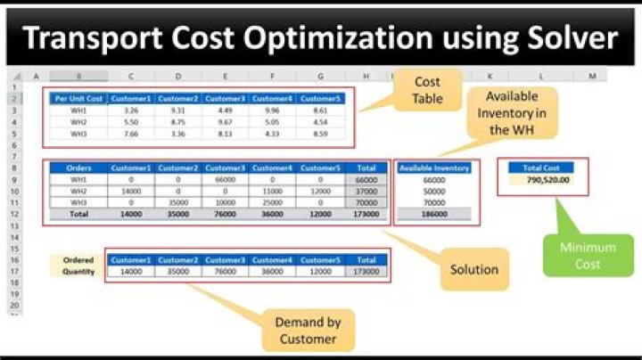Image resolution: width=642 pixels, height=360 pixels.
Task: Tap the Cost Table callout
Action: [428, 90]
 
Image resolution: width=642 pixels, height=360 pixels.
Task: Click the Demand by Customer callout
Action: [308, 330]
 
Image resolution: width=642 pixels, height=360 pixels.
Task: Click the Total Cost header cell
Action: [541, 167]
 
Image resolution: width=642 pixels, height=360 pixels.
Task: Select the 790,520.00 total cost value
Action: [541, 179]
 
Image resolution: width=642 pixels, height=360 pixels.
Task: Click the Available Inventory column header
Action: [433, 167]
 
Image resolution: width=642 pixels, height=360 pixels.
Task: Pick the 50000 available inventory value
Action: [433, 191]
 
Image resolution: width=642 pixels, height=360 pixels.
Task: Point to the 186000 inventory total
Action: [433, 214]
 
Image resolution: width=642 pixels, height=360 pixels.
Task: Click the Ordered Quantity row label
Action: [78, 265]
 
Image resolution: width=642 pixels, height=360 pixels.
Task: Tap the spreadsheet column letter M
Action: [591, 77]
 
